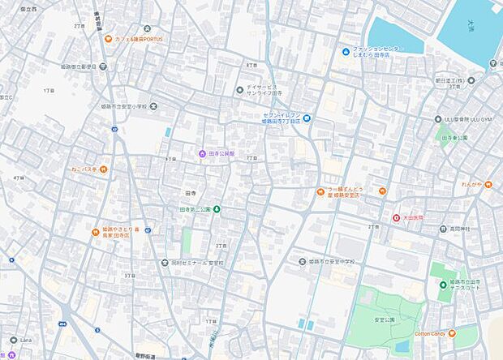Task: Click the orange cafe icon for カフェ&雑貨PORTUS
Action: (x=109, y=39)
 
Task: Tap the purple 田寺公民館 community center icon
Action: (x=202, y=153)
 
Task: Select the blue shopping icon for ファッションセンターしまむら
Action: (x=346, y=52)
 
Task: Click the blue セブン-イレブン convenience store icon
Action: (x=307, y=119)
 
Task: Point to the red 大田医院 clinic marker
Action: (x=397, y=217)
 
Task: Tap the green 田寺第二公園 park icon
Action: (x=217, y=209)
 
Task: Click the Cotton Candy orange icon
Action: (x=452, y=333)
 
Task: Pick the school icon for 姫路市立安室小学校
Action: (x=154, y=105)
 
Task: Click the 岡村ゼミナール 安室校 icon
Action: (x=165, y=263)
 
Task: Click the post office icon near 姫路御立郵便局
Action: (x=103, y=66)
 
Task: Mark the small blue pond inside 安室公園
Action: (x=303, y=324)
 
